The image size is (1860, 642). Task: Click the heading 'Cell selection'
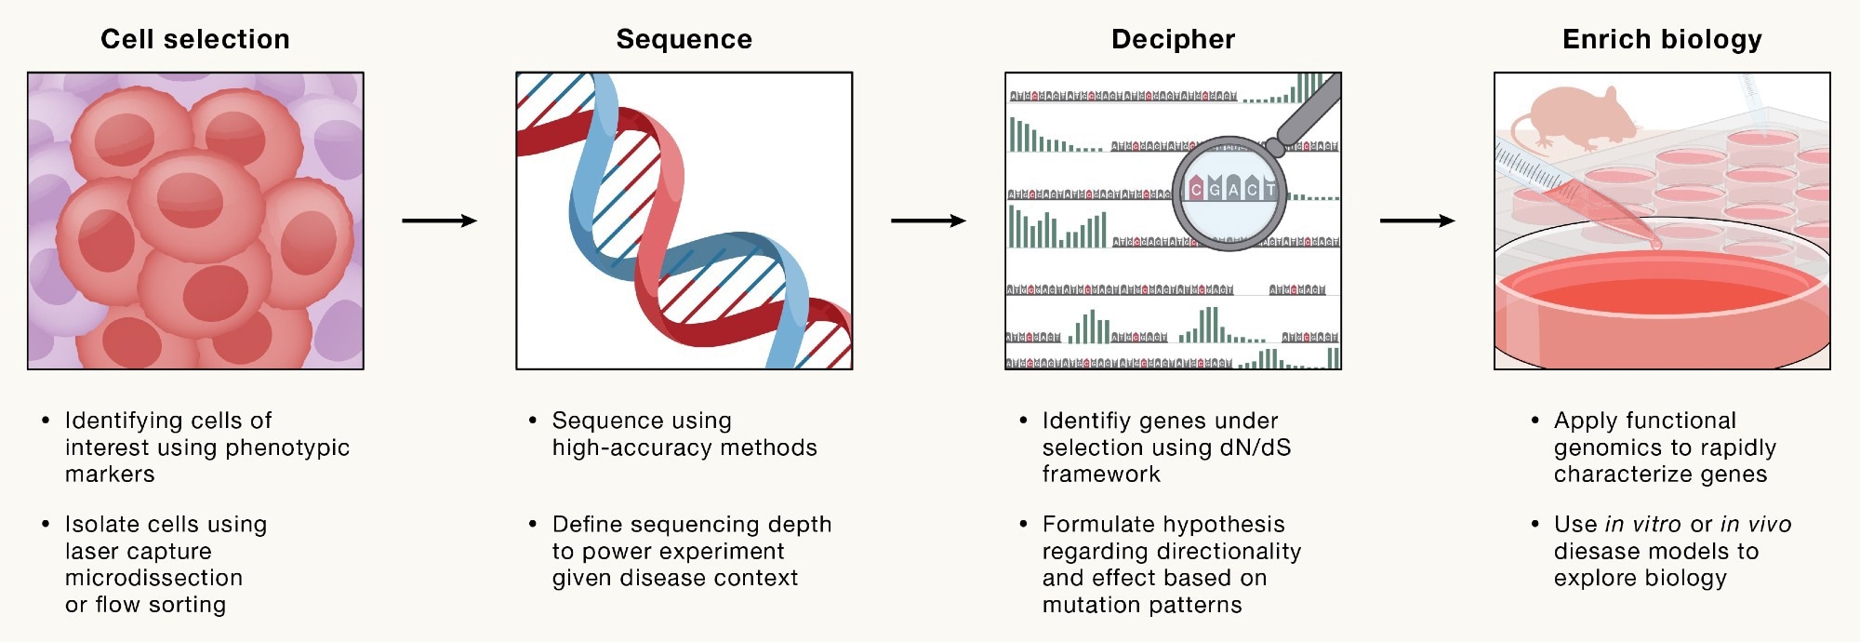click(195, 39)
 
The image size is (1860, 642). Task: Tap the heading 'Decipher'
click(1173, 39)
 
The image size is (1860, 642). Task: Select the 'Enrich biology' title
click(1662, 39)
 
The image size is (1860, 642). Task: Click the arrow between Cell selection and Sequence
click(439, 221)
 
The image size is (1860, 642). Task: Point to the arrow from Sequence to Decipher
click(928, 221)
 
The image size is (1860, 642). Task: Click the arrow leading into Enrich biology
click(1417, 221)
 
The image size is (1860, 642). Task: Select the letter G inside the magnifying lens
click(1215, 190)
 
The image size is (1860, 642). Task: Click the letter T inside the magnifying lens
click(1269, 190)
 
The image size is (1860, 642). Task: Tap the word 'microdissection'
click(153, 578)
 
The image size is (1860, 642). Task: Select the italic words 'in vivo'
click(1756, 525)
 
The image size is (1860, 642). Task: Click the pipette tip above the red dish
click(1655, 244)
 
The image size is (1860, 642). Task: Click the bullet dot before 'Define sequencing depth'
click(533, 525)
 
